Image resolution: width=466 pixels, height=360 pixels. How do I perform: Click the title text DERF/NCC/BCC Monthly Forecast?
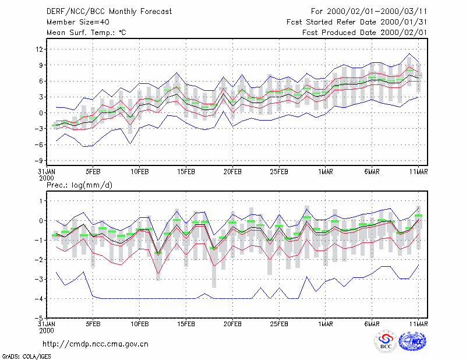(109, 12)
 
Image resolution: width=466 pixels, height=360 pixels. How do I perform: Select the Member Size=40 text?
(78, 22)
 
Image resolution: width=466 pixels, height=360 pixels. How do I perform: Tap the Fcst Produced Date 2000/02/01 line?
(365, 33)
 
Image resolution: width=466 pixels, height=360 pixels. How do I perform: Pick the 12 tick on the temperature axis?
(39, 50)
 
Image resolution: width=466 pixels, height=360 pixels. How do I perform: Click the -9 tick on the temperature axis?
(38, 161)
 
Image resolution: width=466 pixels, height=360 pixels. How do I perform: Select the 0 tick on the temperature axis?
(41, 113)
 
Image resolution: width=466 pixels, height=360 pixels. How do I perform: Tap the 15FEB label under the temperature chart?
(186, 172)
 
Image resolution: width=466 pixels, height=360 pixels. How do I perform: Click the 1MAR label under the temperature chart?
(326, 172)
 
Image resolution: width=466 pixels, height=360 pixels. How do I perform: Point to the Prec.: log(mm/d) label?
(79, 185)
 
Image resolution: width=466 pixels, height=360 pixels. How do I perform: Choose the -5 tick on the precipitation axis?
(38, 318)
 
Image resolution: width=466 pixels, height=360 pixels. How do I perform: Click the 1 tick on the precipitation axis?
(41, 201)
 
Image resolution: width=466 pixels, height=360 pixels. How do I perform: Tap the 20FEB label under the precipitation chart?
(232, 324)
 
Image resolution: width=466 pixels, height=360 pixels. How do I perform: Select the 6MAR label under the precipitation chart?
(372, 324)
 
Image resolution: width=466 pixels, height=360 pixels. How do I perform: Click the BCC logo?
(386, 342)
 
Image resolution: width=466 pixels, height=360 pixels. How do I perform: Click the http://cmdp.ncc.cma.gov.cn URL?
(96, 344)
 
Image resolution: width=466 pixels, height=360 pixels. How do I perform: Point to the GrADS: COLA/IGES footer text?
(26, 357)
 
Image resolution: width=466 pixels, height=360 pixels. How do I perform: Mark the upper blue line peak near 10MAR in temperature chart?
(409, 54)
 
